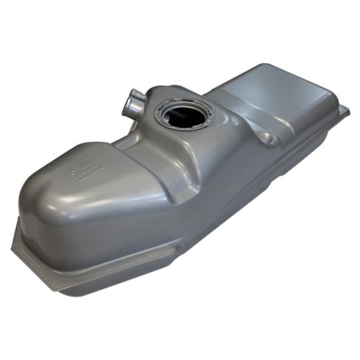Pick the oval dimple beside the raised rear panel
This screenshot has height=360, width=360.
(x=267, y=137)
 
